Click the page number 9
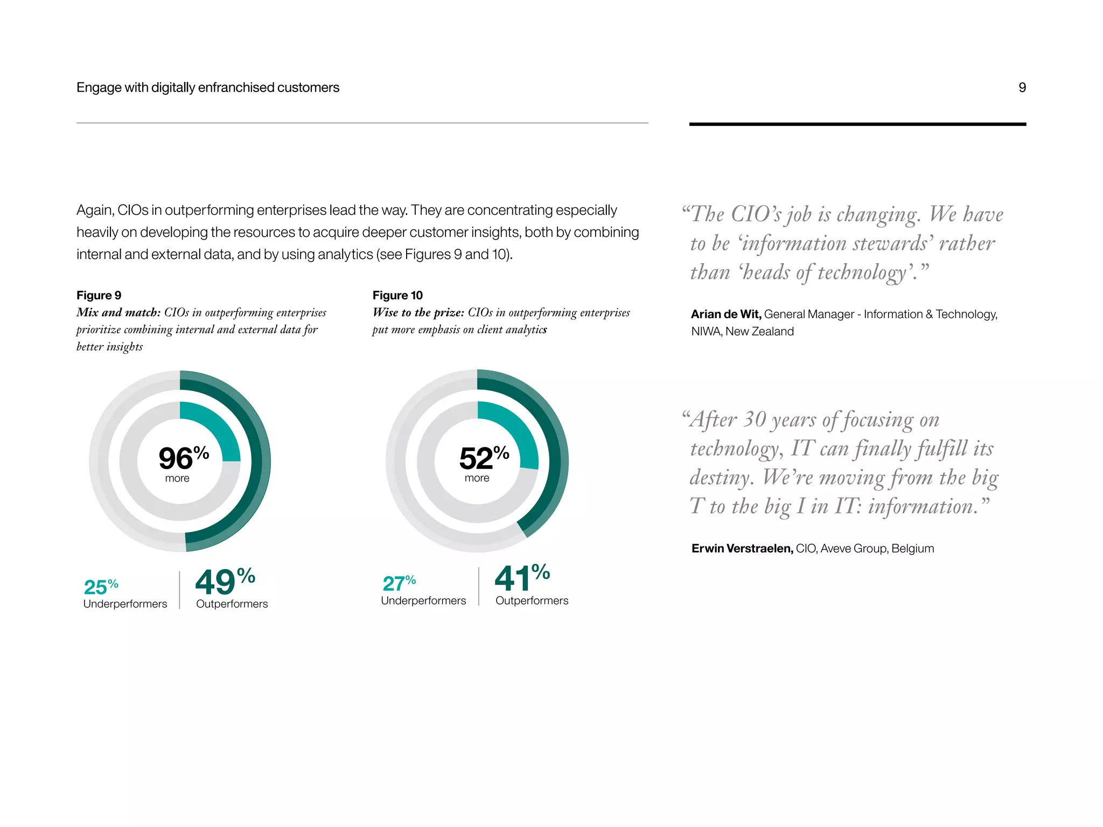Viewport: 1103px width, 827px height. (1022, 87)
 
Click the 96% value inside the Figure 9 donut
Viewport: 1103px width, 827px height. (183, 458)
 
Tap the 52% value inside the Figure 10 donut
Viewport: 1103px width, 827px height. (483, 458)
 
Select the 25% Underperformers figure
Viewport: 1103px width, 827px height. (101, 586)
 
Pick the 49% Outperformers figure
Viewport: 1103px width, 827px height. (224, 581)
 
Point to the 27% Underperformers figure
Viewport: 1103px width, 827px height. (399, 583)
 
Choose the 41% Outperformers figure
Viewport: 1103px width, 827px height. (521, 578)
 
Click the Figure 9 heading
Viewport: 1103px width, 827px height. (99, 295)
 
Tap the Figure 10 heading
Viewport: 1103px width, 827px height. (397, 295)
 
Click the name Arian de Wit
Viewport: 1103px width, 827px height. (725, 314)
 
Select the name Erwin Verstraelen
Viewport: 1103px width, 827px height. (742, 548)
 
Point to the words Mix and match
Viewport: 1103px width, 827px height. (118, 312)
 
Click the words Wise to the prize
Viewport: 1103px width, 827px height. (418, 312)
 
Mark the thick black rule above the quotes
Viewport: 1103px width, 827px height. (857, 124)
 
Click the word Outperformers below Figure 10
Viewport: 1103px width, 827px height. (532, 600)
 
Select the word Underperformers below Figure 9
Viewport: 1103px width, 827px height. (125, 604)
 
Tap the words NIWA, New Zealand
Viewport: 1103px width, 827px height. (742, 331)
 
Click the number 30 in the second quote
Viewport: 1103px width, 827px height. (755, 419)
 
